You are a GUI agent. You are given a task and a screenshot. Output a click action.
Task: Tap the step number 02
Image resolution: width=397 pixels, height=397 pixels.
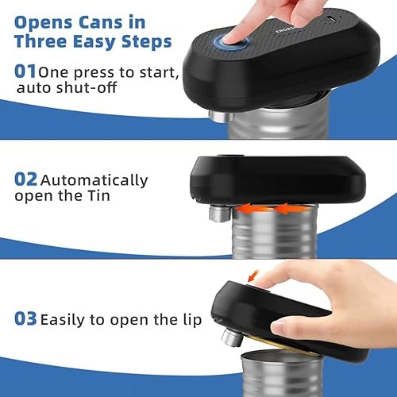pyautogui.click(x=26, y=180)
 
